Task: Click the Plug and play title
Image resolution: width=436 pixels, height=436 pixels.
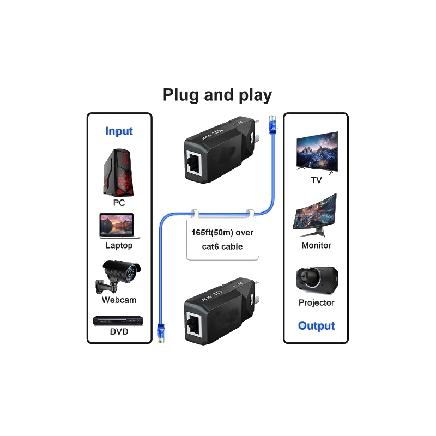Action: (x=218, y=96)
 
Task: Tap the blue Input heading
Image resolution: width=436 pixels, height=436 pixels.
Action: (x=119, y=131)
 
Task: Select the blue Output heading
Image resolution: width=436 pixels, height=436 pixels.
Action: (x=317, y=326)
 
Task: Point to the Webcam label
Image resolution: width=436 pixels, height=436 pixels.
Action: (x=118, y=300)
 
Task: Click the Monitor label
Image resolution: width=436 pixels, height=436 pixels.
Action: (x=316, y=245)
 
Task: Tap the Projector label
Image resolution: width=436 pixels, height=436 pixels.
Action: (x=316, y=302)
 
